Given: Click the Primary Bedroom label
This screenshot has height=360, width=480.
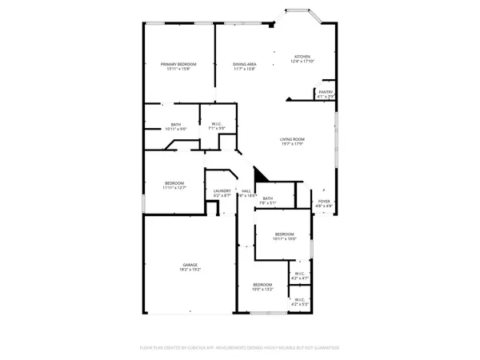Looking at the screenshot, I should [178, 64].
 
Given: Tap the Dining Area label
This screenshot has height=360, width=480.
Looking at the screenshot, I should [245, 64].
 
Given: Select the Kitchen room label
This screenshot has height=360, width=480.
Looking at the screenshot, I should [302, 57].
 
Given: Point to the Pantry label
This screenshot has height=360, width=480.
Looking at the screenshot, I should [326, 92].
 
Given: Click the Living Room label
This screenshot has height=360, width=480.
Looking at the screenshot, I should [292, 139].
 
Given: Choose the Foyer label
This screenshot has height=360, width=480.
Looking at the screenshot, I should [324, 202].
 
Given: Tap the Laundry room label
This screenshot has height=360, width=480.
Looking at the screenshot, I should [222, 190].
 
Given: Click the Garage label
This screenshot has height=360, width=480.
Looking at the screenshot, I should [190, 265].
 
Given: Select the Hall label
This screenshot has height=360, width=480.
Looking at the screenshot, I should [246, 190].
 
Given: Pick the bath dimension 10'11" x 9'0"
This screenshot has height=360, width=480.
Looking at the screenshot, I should [175, 129].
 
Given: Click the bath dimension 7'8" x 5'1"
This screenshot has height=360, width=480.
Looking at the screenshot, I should [267, 203].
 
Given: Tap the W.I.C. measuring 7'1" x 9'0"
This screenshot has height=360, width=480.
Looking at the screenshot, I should [217, 129].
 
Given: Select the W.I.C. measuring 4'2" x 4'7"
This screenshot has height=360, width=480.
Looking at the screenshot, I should [299, 278].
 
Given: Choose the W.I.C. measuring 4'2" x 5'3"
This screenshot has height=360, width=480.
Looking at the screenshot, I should [299, 305].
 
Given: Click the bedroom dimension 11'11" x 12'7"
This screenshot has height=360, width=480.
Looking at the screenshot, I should [175, 188].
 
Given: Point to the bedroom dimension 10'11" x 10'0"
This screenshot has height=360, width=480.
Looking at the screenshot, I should [285, 238].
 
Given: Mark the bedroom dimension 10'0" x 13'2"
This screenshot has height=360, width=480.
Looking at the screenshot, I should [263, 290].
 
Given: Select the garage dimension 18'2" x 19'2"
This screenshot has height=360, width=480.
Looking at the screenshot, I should [190, 270].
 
